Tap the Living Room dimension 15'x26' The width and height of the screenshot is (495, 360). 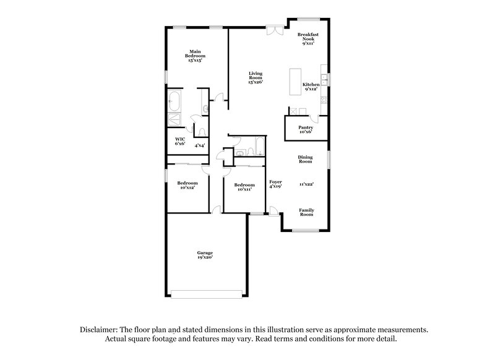pyautogui.click(x=256, y=82)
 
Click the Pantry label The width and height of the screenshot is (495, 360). pyautogui.click(x=306, y=128)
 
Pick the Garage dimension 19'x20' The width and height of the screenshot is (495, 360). pyautogui.click(x=205, y=257)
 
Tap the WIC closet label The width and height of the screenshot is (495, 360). pyautogui.click(x=180, y=139)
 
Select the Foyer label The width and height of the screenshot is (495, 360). pyautogui.click(x=275, y=182)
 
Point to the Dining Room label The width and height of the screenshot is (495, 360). pyautogui.click(x=306, y=159)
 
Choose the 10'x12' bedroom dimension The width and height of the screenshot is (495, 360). pyautogui.click(x=187, y=187)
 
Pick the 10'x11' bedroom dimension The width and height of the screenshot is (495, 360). pyautogui.click(x=244, y=189)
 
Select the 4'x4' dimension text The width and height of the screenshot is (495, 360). pyautogui.click(x=200, y=145)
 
